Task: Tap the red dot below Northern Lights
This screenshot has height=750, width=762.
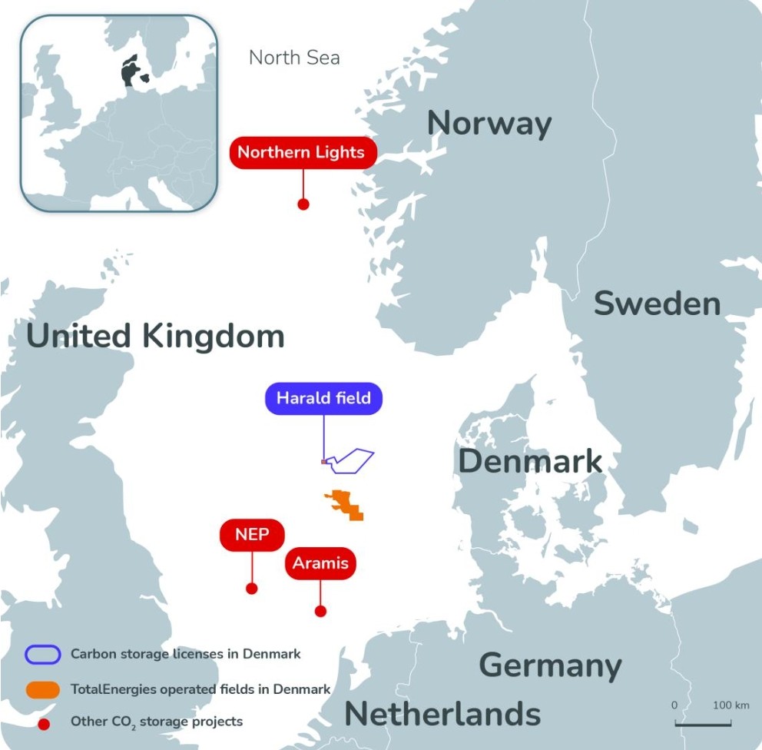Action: [303, 204]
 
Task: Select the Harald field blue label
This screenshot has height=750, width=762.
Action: [323, 398]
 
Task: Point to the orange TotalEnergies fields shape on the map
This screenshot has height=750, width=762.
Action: [345, 505]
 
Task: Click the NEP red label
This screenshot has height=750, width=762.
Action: [252, 534]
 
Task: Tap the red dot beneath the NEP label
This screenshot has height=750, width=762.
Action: [251, 588]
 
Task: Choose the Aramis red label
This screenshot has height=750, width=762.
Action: [320, 563]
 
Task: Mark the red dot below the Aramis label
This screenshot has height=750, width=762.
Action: [320, 611]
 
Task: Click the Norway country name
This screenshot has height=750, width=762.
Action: [489, 124]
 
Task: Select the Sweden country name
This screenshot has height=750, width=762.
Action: [658, 304]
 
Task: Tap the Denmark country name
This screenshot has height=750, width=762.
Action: [530, 462]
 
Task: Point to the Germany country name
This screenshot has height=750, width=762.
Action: [550, 665]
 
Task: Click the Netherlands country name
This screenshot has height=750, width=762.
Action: [442, 714]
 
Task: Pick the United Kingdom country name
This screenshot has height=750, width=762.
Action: [155, 337]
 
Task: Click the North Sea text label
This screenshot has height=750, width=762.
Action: [294, 58]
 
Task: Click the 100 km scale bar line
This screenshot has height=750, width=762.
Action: [701, 723]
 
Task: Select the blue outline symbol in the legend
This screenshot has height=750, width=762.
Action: [43, 654]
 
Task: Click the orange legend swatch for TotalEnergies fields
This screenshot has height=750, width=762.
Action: [43, 689]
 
